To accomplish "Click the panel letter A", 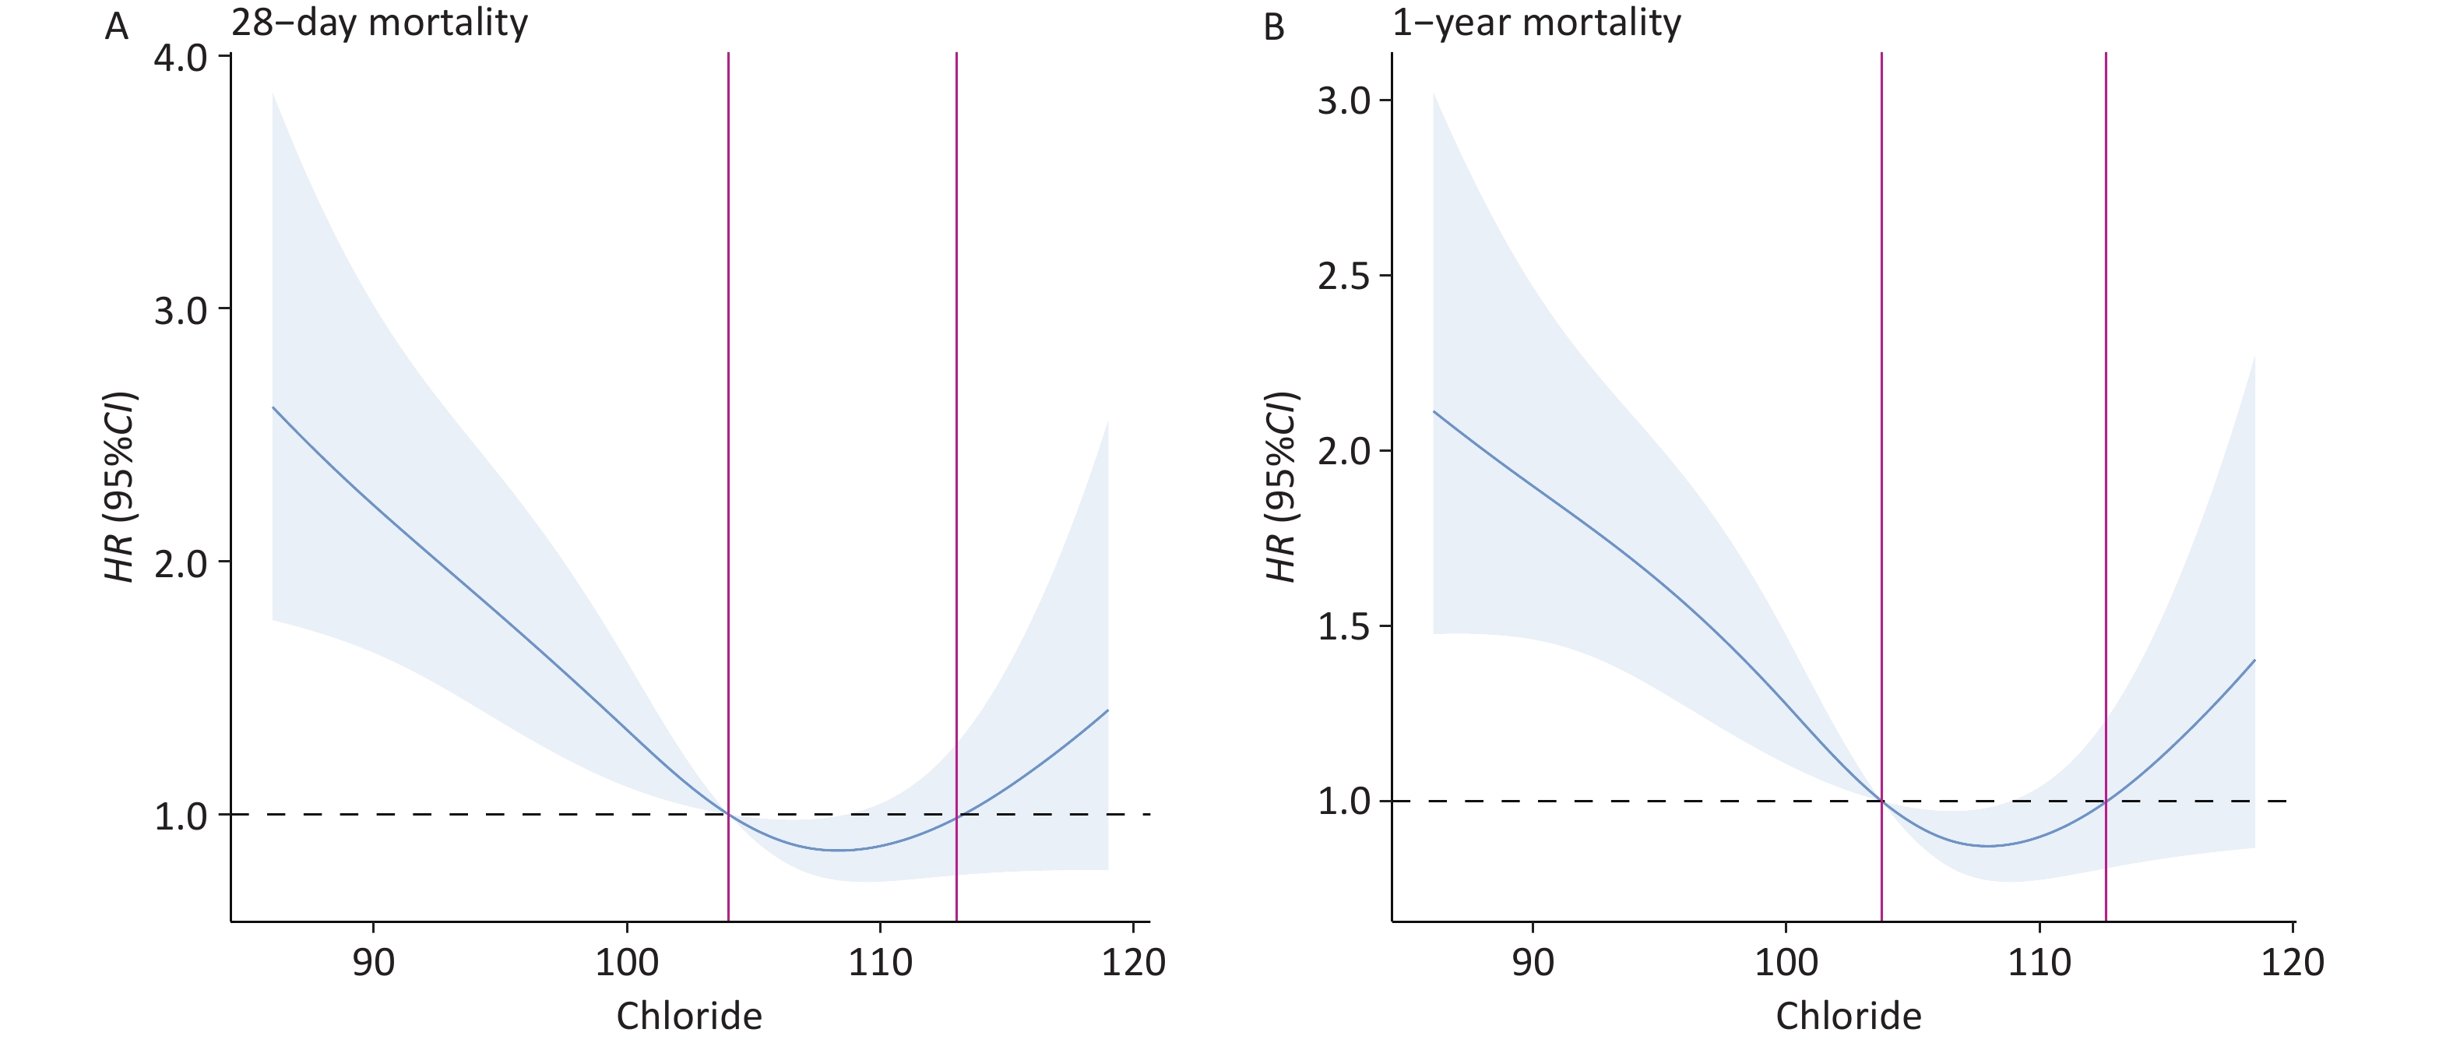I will [116, 26].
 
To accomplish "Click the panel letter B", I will [1274, 26].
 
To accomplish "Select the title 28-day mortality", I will [379, 23].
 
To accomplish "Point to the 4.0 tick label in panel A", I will [181, 58].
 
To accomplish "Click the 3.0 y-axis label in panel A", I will [181, 311].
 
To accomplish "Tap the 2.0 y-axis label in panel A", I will [181, 563].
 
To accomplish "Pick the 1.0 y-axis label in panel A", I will [181, 816].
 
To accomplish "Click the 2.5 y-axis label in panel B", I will [1343, 277].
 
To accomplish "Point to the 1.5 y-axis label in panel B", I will [1343, 627].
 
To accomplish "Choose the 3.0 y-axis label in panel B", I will [1343, 101].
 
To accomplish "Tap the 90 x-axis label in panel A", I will [372, 962].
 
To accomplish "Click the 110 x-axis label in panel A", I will [880, 962].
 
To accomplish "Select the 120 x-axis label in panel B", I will [2292, 962].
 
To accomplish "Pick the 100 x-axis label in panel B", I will [1786, 962].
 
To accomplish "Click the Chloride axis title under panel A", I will [688, 1017].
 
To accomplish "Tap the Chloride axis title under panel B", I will [1849, 1017].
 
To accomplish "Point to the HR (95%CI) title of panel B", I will [1282, 487].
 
